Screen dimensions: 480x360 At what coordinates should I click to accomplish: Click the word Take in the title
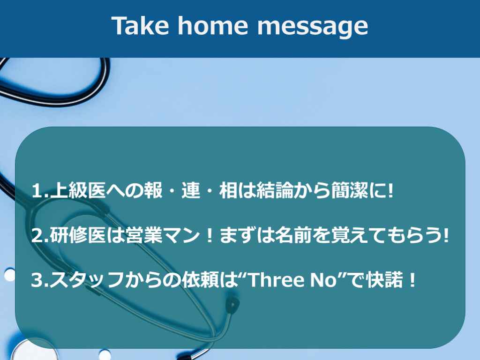click(140, 26)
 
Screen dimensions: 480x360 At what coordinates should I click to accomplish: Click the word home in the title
click(213, 26)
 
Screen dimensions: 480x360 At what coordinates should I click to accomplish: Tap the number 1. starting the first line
click(40, 191)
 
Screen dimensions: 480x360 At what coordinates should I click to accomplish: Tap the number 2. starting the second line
click(40, 236)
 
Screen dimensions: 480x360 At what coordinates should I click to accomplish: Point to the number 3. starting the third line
click(40, 280)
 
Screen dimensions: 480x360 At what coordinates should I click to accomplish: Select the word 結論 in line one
click(275, 190)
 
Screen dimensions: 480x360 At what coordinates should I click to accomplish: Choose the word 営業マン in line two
click(163, 235)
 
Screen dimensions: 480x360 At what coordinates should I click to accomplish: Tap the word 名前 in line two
click(293, 235)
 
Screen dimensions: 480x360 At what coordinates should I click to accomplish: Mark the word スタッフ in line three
click(87, 280)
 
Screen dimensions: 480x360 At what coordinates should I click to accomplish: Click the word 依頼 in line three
click(201, 280)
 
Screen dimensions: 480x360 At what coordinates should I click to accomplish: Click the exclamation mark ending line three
click(412, 280)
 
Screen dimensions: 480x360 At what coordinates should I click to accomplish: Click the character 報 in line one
click(153, 190)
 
